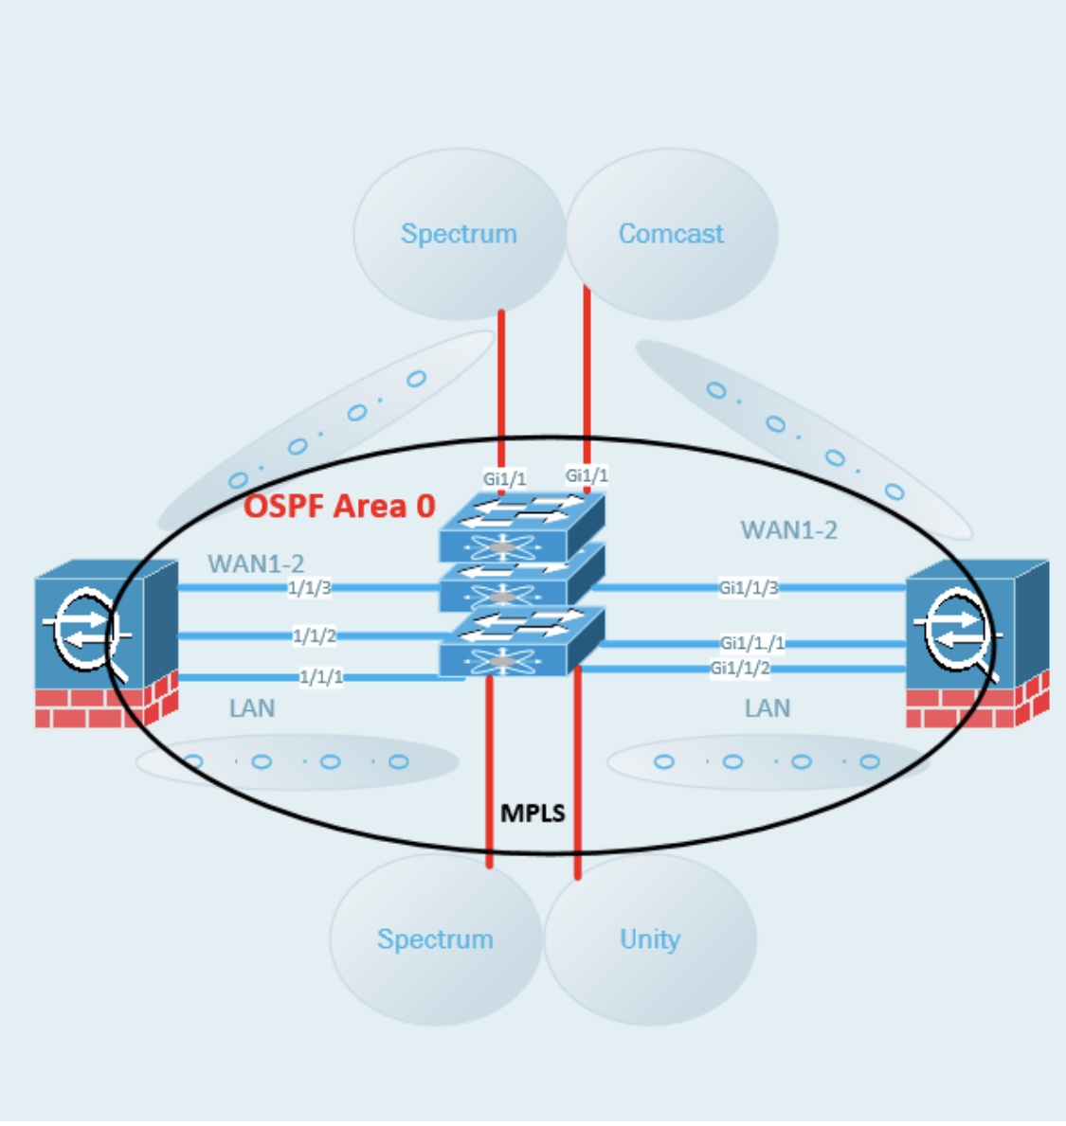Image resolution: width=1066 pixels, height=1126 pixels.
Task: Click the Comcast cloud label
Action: [x=671, y=234]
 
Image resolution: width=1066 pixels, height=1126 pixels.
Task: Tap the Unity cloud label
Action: [x=650, y=939]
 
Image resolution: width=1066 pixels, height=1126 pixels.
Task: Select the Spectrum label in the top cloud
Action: [x=459, y=234]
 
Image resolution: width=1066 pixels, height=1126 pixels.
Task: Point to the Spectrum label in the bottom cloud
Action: [x=435, y=939]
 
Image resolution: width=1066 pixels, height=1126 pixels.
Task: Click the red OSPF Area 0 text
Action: [x=339, y=506]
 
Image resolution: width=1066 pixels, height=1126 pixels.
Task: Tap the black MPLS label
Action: [x=533, y=813]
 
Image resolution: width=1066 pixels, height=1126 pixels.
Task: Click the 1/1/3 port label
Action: [x=310, y=588]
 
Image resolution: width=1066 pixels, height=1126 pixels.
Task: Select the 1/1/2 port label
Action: [x=315, y=635]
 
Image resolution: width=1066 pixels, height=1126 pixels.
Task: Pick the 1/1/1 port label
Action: [x=321, y=677]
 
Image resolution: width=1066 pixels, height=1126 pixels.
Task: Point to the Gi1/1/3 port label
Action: [x=749, y=588]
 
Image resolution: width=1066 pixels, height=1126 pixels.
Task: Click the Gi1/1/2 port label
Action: [x=740, y=669]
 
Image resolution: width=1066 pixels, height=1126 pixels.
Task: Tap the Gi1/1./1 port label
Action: [x=752, y=644]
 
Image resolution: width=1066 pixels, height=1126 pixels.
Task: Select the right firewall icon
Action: [x=976, y=644]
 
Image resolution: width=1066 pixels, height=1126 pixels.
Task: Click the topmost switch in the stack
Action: [x=521, y=527]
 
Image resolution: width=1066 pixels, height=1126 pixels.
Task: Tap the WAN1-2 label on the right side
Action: [x=788, y=530]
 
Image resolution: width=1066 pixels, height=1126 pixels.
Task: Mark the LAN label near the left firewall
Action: [x=252, y=708]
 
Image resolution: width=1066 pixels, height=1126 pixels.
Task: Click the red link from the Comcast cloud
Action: [x=587, y=379]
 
